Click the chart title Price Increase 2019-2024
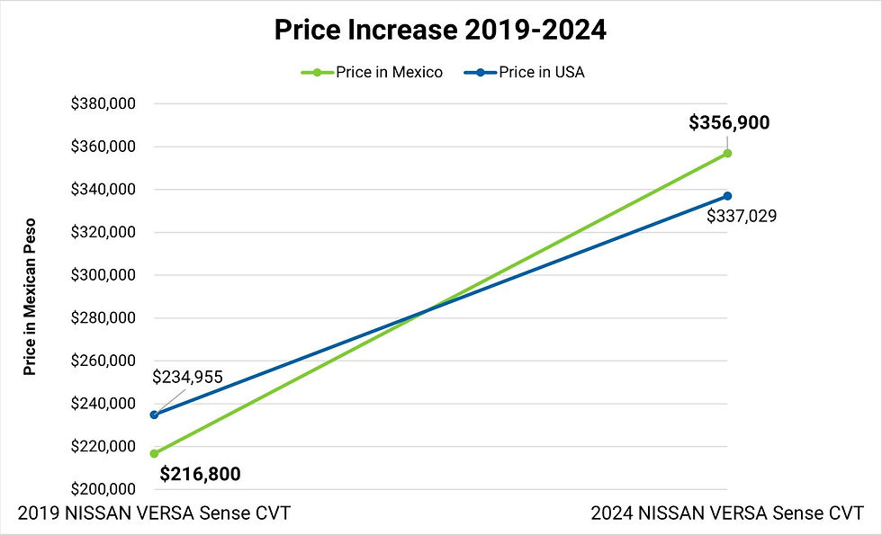[440, 30]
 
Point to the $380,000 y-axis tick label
[103, 103]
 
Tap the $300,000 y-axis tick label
[103, 275]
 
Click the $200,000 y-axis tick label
[103, 489]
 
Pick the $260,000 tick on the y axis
[103, 361]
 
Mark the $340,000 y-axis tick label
[103, 190]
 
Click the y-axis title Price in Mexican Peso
[30, 296]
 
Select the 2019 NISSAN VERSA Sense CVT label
[154, 513]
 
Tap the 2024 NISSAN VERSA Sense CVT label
[726, 513]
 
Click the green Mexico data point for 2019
[154, 453]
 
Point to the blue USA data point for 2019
[154, 415]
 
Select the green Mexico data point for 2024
[727, 153]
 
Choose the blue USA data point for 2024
[727, 196]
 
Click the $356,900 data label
[729, 123]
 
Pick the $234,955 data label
[187, 378]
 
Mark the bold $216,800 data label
[200, 474]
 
